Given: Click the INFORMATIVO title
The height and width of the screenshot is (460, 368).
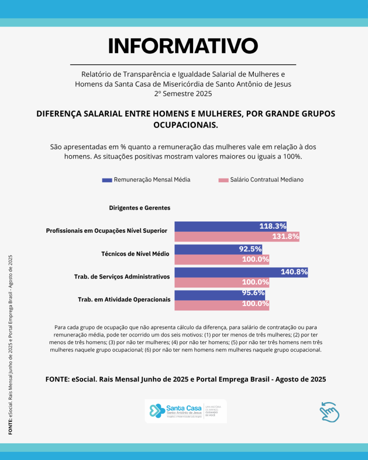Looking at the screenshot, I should [183, 46].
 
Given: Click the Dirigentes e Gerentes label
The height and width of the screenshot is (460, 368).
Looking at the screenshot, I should [139, 208].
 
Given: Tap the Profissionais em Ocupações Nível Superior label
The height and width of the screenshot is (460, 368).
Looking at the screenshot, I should [106, 231].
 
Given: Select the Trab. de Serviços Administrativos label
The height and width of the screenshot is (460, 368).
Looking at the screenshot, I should [122, 277].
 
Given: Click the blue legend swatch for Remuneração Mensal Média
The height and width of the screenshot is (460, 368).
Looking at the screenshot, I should [107, 180].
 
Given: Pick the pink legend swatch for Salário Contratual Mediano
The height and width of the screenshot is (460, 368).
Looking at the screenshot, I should [223, 180].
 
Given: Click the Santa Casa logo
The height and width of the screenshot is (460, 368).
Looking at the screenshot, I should [185, 411].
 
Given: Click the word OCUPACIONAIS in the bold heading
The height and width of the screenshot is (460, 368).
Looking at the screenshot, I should [186, 125].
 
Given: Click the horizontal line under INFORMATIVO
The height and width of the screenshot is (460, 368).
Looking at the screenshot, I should [183, 65].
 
